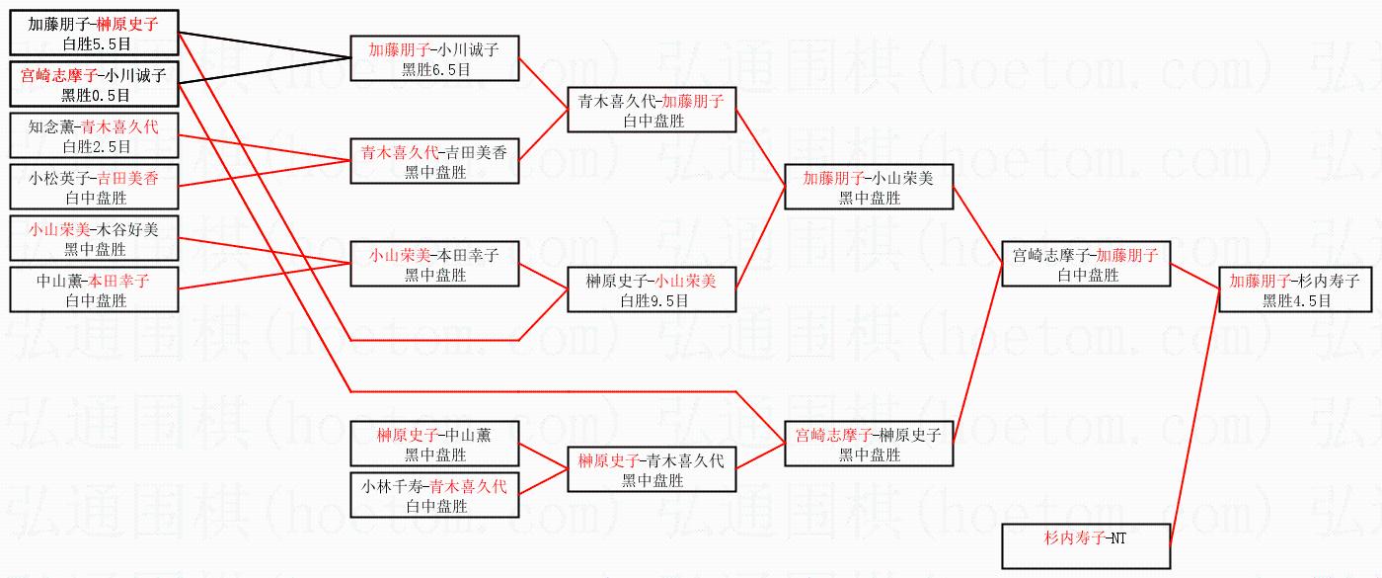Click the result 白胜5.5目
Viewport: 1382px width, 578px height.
coord(97,44)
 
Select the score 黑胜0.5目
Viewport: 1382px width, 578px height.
coord(96,96)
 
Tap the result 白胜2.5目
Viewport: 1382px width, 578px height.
coord(97,147)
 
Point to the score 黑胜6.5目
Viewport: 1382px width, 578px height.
coord(436,70)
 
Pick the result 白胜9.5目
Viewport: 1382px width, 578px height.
coord(653,301)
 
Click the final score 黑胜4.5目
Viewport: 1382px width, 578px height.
coord(1296,301)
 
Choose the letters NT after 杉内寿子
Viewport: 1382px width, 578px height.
coord(1118,538)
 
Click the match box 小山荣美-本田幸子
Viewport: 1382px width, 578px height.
coord(434,264)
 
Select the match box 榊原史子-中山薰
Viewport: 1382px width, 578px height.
coord(434,444)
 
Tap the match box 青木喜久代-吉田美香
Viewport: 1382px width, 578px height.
coord(434,160)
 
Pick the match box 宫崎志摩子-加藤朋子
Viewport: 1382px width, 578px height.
coord(1086,264)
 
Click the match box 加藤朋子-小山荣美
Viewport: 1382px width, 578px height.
coord(869,187)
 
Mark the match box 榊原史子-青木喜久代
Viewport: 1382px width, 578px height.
coord(652,469)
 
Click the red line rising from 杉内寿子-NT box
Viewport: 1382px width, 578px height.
coord(1195,417)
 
